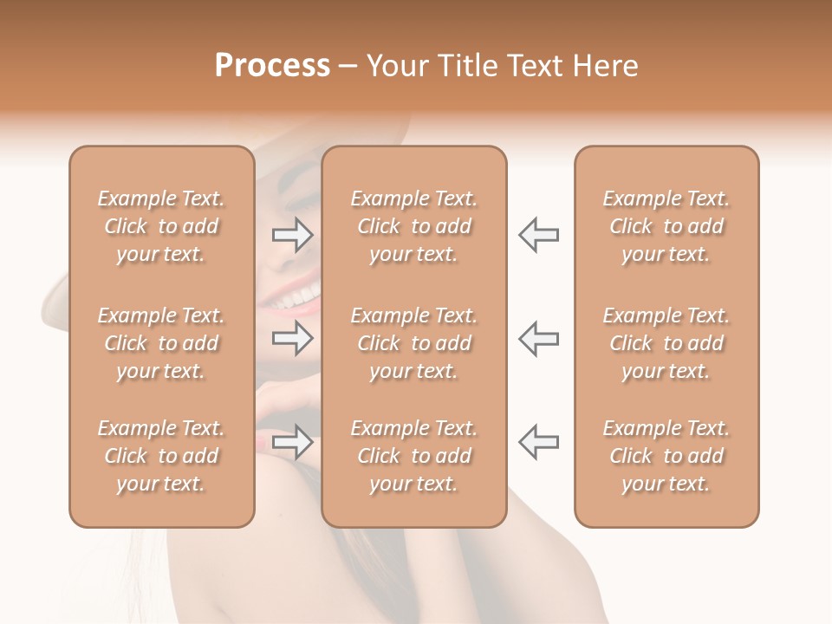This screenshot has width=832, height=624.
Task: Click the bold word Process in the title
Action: point(272,66)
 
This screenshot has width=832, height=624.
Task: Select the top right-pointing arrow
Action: point(293,235)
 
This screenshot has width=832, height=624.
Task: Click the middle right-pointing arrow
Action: point(293,338)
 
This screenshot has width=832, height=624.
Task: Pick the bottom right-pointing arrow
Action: point(293,442)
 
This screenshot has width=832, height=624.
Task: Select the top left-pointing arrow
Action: point(538,235)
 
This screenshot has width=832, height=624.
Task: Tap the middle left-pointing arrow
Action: point(538,338)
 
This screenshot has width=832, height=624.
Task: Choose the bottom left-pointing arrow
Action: point(538,442)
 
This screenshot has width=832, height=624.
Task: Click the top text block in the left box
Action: point(161,226)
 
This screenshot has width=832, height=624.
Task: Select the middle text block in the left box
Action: point(161,343)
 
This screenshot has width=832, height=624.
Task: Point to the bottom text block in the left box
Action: point(161,456)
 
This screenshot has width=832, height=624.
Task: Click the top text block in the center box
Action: point(413,226)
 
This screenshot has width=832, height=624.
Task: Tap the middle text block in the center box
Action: point(413,343)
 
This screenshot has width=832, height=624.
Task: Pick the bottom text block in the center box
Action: point(413,456)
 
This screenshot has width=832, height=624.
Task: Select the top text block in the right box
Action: point(666,226)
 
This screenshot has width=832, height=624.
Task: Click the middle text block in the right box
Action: point(666,343)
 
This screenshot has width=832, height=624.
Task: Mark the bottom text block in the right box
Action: point(666,456)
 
